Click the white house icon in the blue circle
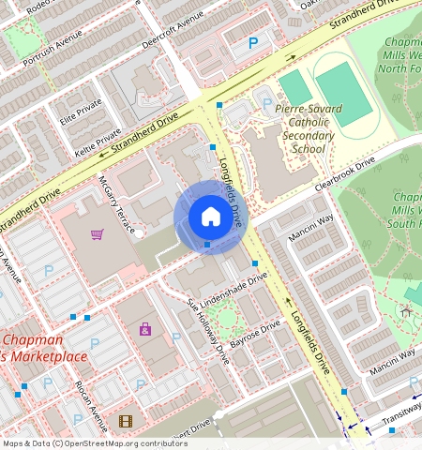tap(211, 217)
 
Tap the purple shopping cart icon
tap(97, 234)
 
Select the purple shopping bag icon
tap(145, 329)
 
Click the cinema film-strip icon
tap(126, 421)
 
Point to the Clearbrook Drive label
tap(344, 174)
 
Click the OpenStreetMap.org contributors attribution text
tap(122, 443)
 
